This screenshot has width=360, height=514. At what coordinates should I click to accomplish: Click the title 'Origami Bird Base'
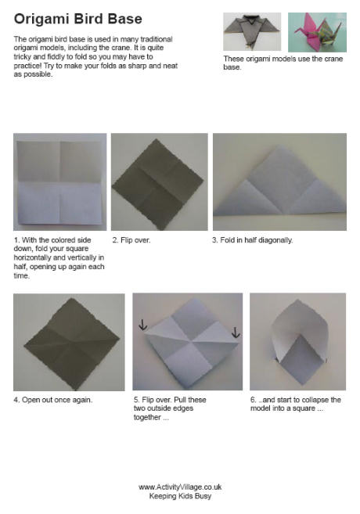click(78, 19)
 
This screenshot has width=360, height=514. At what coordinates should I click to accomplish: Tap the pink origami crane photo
click(317, 32)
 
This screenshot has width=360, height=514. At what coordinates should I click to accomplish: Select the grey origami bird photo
click(252, 31)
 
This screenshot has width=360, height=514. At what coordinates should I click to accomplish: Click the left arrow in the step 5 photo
click(142, 325)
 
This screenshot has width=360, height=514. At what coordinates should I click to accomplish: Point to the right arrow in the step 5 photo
click(236, 332)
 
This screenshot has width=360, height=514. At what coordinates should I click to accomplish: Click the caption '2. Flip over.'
click(131, 240)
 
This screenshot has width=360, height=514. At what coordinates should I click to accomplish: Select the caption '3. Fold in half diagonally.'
click(252, 240)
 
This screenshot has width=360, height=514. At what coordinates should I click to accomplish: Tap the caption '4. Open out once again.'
click(52, 400)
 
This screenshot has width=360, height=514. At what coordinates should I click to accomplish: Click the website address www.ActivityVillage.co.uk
click(180, 487)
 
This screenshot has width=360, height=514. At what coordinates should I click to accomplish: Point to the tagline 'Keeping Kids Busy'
click(180, 496)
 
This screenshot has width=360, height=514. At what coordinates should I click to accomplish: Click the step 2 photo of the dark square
click(160, 182)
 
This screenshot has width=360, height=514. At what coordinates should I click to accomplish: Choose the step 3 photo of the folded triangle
click(279, 182)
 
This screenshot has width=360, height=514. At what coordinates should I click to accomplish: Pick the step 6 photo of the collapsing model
click(297, 342)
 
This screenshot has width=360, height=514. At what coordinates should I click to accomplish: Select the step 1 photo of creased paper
click(60, 182)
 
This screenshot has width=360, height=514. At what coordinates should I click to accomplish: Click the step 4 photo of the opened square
click(69, 342)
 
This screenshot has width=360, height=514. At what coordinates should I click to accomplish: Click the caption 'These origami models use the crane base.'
click(283, 63)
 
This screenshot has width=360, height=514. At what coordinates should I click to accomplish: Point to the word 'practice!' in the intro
click(28, 66)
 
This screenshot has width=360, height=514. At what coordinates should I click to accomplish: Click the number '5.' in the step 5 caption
click(137, 400)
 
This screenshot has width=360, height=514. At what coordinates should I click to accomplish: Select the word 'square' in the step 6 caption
click(304, 408)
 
